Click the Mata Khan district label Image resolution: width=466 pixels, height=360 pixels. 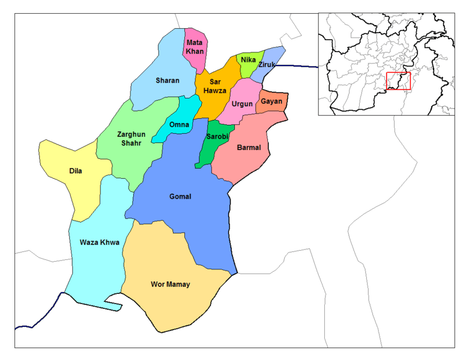(x=195, y=47)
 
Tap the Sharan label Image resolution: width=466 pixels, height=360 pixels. (x=168, y=80)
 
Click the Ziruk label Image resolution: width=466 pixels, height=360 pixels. (x=267, y=64)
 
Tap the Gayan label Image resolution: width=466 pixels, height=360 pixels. (x=271, y=101)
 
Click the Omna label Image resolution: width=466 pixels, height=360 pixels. (x=180, y=125)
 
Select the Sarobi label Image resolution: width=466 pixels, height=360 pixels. (x=216, y=136)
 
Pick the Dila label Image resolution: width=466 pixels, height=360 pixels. (x=76, y=171)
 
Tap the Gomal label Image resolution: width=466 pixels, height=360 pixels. (x=180, y=196)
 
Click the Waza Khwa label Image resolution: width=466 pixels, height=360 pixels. (x=100, y=242)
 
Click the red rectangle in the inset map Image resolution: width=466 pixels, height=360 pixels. (x=398, y=81)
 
